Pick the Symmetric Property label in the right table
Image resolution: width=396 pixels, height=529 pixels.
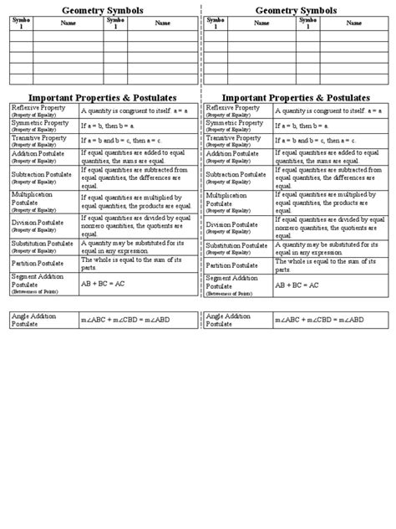point(231,123)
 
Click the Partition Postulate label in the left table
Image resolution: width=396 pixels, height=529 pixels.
point(38,263)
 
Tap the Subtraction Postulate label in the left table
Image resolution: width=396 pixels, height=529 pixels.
point(42,174)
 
